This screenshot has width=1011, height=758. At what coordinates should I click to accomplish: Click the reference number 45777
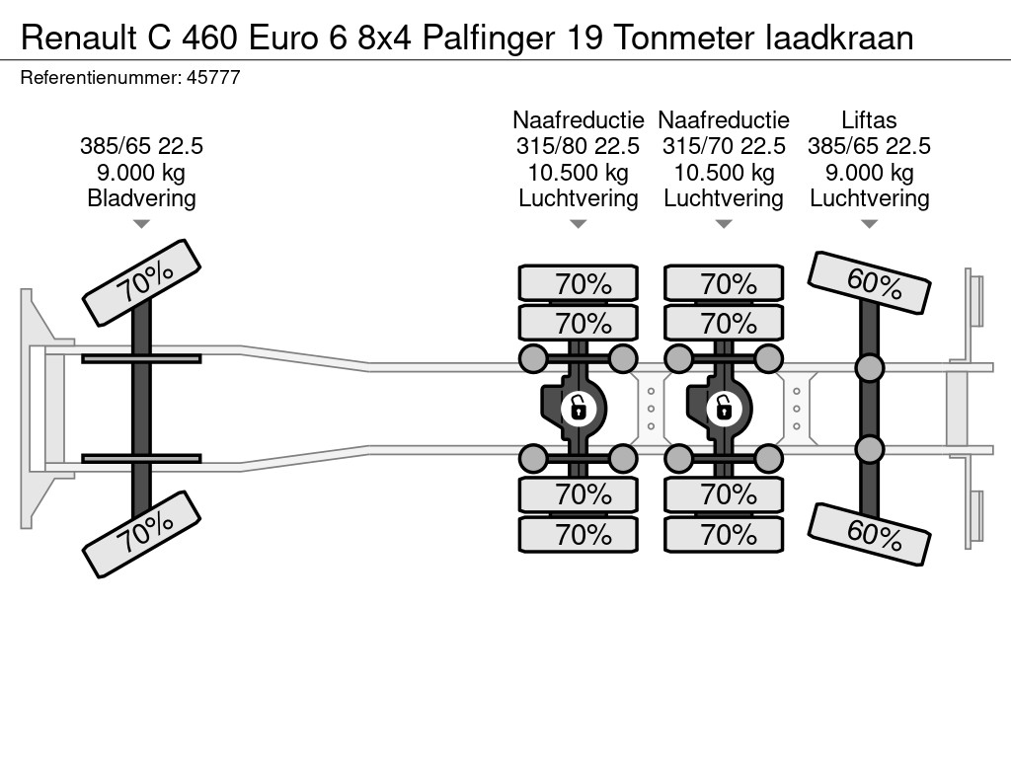212,77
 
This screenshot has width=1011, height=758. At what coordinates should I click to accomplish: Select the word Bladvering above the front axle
141,198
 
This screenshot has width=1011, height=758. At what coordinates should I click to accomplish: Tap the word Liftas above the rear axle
869,120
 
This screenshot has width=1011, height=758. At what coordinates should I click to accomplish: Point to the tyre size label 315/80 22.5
578,146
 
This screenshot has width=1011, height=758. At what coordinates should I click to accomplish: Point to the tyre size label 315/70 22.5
724,146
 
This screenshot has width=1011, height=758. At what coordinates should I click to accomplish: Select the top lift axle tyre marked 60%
869,282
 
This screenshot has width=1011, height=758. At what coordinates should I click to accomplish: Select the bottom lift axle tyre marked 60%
869,534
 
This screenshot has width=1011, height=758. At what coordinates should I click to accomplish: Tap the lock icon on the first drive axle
578,407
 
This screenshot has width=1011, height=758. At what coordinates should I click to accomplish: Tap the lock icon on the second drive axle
724,407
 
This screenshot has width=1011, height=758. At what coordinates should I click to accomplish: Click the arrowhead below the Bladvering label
141,224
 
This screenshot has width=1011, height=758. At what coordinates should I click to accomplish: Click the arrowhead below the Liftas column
869,224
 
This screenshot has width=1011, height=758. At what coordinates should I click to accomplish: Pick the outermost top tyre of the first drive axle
578,283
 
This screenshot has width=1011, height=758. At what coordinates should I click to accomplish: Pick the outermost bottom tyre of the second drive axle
724,535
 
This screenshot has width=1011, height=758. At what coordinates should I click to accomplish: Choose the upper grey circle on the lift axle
869,368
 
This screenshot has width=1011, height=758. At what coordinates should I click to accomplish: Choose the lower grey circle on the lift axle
869,449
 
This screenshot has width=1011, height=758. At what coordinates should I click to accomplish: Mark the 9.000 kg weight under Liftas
869,173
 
